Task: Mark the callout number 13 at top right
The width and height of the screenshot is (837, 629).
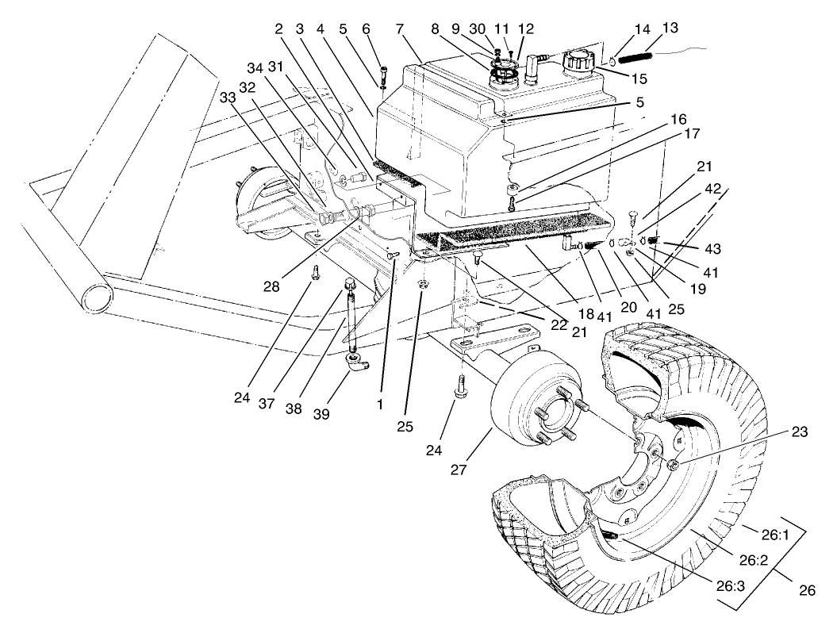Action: [x=670, y=29]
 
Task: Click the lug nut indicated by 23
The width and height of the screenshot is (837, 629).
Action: [x=671, y=465]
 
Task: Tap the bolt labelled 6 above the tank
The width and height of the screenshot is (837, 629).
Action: [x=382, y=75]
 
